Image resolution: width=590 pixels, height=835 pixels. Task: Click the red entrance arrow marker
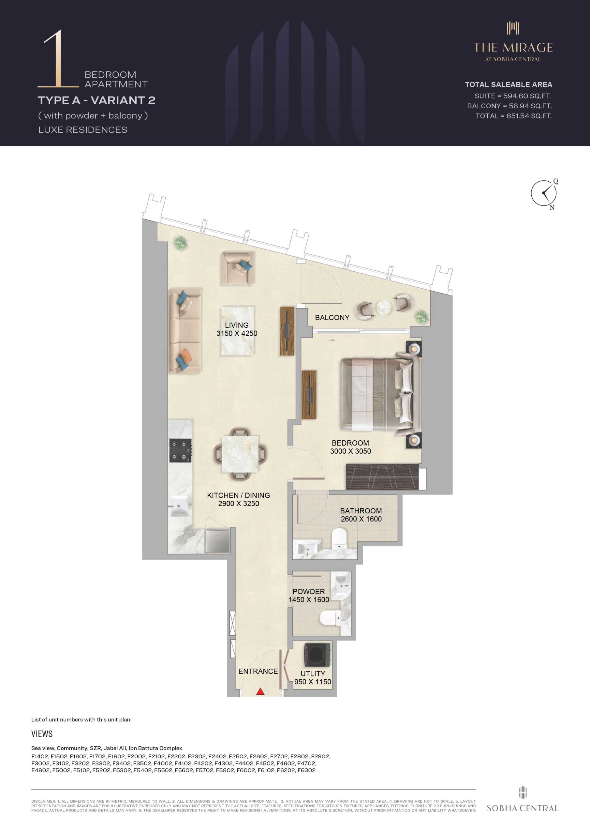pyautogui.click(x=260, y=691)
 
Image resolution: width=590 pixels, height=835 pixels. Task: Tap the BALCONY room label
pyautogui.click(x=332, y=317)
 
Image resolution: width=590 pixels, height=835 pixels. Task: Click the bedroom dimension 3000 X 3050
pyautogui.click(x=350, y=451)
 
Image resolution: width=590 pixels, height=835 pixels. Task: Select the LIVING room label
pyautogui.click(x=237, y=325)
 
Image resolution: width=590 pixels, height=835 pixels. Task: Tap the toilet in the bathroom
pyautogui.click(x=340, y=538)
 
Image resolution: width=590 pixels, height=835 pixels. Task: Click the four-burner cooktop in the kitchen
pyautogui.click(x=180, y=451)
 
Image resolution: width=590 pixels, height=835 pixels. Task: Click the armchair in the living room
pyautogui.click(x=237, y=268)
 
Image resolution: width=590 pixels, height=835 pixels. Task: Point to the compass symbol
pyautogui.click(x=544, y=193)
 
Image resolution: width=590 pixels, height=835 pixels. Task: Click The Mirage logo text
pyautogui.click(x=513, y=47)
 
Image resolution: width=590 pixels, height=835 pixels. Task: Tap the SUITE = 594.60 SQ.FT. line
pyautogui.click(x=513, y=96)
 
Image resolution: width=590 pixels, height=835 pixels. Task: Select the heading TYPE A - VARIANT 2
pyautogui.click(x=96, y=100)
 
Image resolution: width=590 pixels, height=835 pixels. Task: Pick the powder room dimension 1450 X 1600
pyautogui.click(x=309, y=600)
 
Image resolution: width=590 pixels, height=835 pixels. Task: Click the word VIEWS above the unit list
pyautogui.click(x=42, y=734)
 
